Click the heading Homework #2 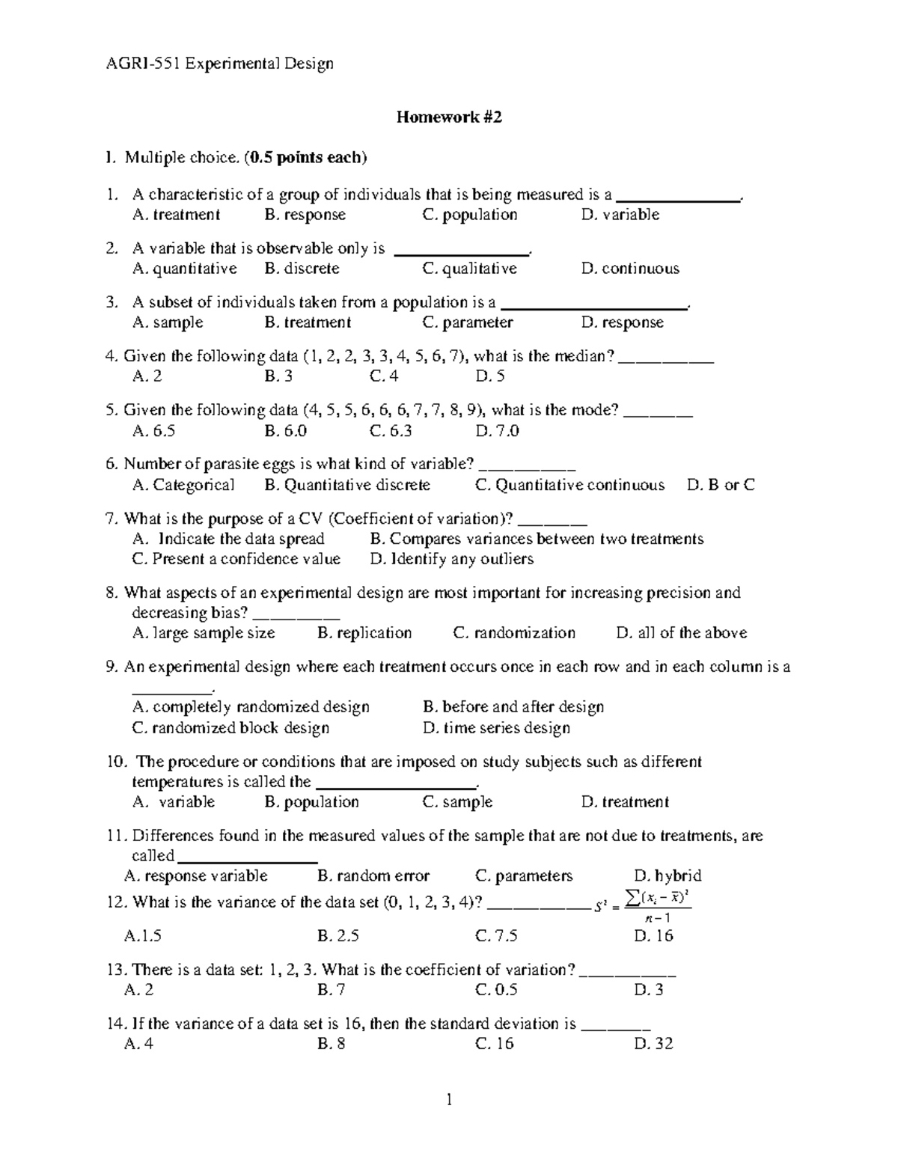click(448, 117)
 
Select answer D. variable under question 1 click(620, 215)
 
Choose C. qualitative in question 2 click(469, 269)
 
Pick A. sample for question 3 click(168, 322)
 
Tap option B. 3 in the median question click(278, 376)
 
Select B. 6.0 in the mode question click(285, 431)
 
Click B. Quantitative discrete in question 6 click(347, 485)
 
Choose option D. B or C click(720, 485)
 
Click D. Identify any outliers click(451, 559)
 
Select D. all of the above click(681, 633)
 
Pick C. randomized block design click(230, 728)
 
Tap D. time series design click(496, 728)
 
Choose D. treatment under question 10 click(625, 802)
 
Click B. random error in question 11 click(373, 876)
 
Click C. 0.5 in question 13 click(496, 990)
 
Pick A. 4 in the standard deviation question click(139, 1044)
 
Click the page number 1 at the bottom click(449, 1100)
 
